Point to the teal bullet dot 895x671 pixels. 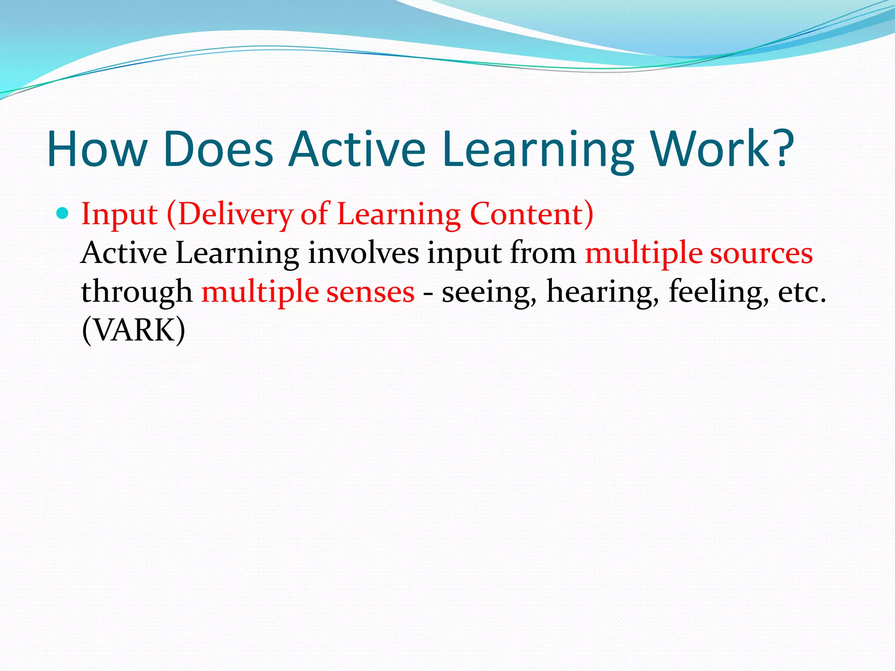pos(63,214)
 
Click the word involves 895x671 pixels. pos(363,253)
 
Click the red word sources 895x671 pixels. pos(761,253)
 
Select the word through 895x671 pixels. pos(137,292)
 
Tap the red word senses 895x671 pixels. pos(371,292)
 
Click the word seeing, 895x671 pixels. pos(489,292)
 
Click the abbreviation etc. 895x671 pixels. pos(802,292)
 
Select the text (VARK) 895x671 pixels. pos(133,330)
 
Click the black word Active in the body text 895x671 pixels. pos(124,253)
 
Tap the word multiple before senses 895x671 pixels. pos(260,292)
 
